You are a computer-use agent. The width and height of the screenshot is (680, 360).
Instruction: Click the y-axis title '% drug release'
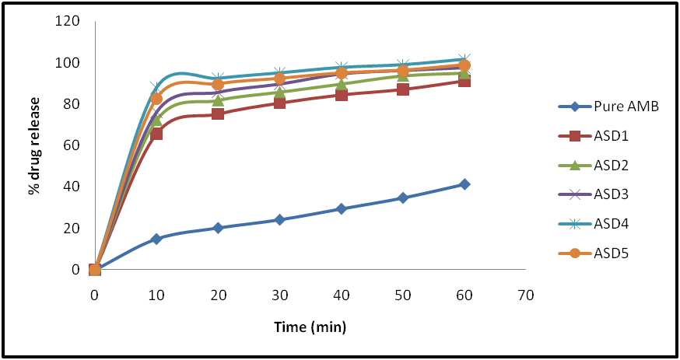point(35,145)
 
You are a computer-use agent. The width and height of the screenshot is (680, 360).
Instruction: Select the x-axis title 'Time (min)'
point(310,327)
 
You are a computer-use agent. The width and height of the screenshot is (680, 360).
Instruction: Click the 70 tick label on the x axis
point(526,295)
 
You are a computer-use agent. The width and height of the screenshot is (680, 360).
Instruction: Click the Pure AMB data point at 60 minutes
point(464,184)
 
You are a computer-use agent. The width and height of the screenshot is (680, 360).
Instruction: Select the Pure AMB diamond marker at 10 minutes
point(156,239)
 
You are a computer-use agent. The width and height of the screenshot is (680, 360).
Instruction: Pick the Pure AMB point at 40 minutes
point(341,208)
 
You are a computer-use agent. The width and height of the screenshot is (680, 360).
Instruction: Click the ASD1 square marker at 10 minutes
point(156,134)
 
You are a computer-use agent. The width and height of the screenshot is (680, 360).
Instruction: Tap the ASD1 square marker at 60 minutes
point(464,81)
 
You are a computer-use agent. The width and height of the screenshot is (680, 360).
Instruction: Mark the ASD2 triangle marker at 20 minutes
point(218,100)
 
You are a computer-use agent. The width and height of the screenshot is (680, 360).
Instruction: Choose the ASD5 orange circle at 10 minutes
point(156,99)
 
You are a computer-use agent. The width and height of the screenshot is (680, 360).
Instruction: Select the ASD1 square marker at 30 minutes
point(279,103)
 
